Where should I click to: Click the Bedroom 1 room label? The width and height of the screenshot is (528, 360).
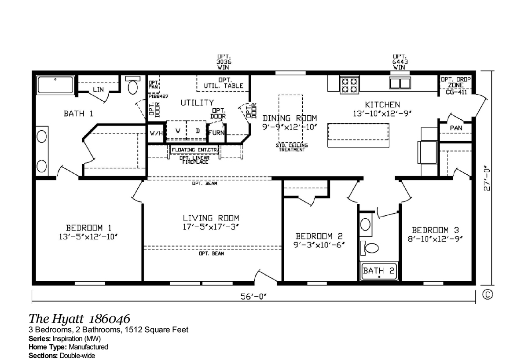(88, 228)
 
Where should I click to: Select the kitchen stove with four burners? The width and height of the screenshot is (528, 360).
(349, 84)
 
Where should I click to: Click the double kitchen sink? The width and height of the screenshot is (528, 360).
(400, 83)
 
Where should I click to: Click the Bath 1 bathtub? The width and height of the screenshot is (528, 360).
(55, 84)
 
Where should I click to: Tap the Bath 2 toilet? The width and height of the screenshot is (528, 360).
(370, 249)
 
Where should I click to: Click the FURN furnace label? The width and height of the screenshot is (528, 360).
(217, 132)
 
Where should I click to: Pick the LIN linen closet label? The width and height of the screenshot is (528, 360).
(98, 89)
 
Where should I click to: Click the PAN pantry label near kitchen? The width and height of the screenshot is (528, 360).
(455, 128)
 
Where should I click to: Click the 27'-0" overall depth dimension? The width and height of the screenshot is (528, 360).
(487, 178)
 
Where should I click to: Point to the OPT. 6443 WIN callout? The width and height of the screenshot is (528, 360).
(399, 62)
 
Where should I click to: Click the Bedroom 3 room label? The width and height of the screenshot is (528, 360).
(436, 230)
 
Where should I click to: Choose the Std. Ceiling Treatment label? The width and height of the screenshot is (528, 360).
(292, 147)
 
